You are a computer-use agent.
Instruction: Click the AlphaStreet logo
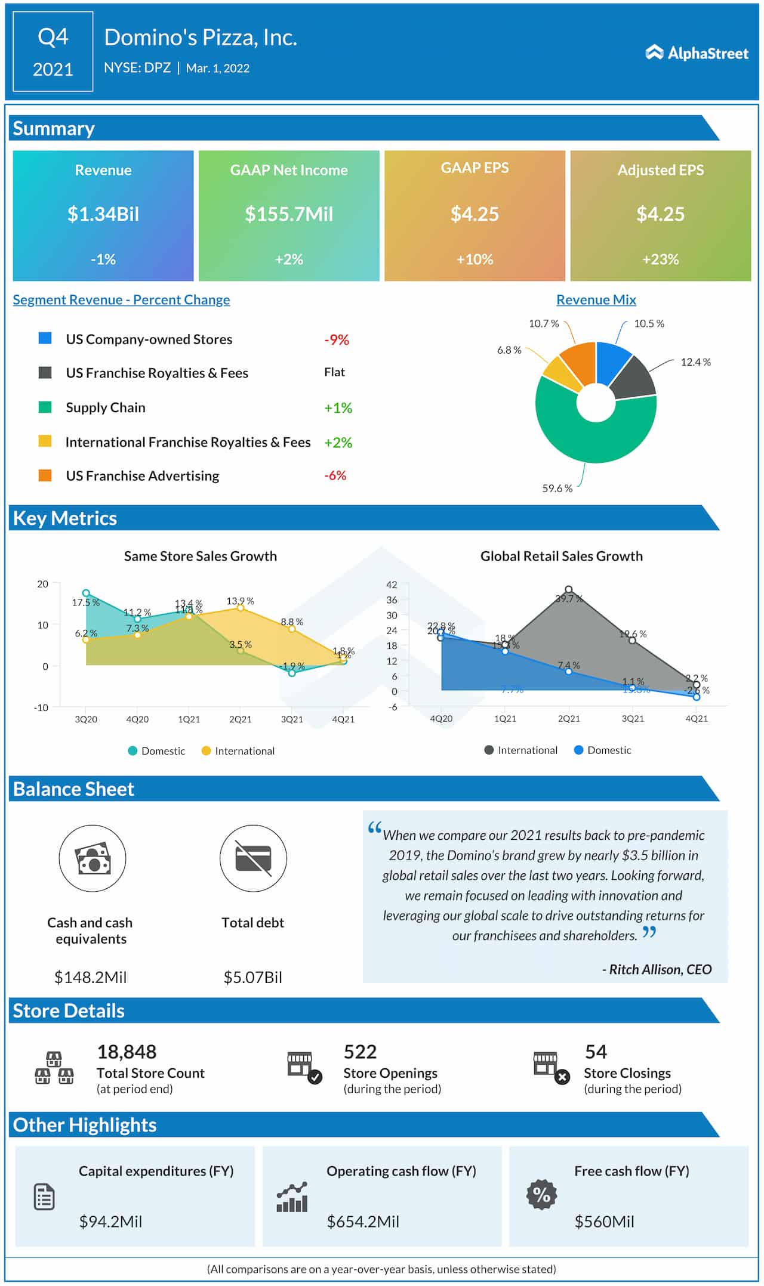pos(697,53)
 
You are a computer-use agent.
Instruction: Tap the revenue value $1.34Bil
pos(103,214)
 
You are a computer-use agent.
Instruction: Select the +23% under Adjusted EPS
pos(660,259)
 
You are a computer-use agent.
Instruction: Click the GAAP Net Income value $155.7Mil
pos(289,214)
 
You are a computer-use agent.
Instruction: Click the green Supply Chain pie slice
pos(591,441)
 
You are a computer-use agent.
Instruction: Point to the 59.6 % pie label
pos(557,489)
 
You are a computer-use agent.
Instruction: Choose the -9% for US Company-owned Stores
pos(337,340)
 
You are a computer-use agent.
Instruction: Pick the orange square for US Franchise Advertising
pos(45,475)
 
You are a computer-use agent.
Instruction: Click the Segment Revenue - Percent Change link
pos(121,300)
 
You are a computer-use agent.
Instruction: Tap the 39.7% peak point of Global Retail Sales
pos(568,589)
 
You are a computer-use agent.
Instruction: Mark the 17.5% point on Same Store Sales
pos(86,593)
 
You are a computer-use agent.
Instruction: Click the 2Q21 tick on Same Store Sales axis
pos(241,719)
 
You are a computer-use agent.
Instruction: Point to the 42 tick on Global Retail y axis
pos(392,585)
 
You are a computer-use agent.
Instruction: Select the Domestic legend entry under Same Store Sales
pos(157,751)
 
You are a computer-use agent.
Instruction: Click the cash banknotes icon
pos(93,859)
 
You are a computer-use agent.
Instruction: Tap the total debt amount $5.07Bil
pos(252,977)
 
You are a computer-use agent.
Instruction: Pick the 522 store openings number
pos(360,1052)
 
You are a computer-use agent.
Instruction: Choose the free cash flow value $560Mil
pos(604,1222)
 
